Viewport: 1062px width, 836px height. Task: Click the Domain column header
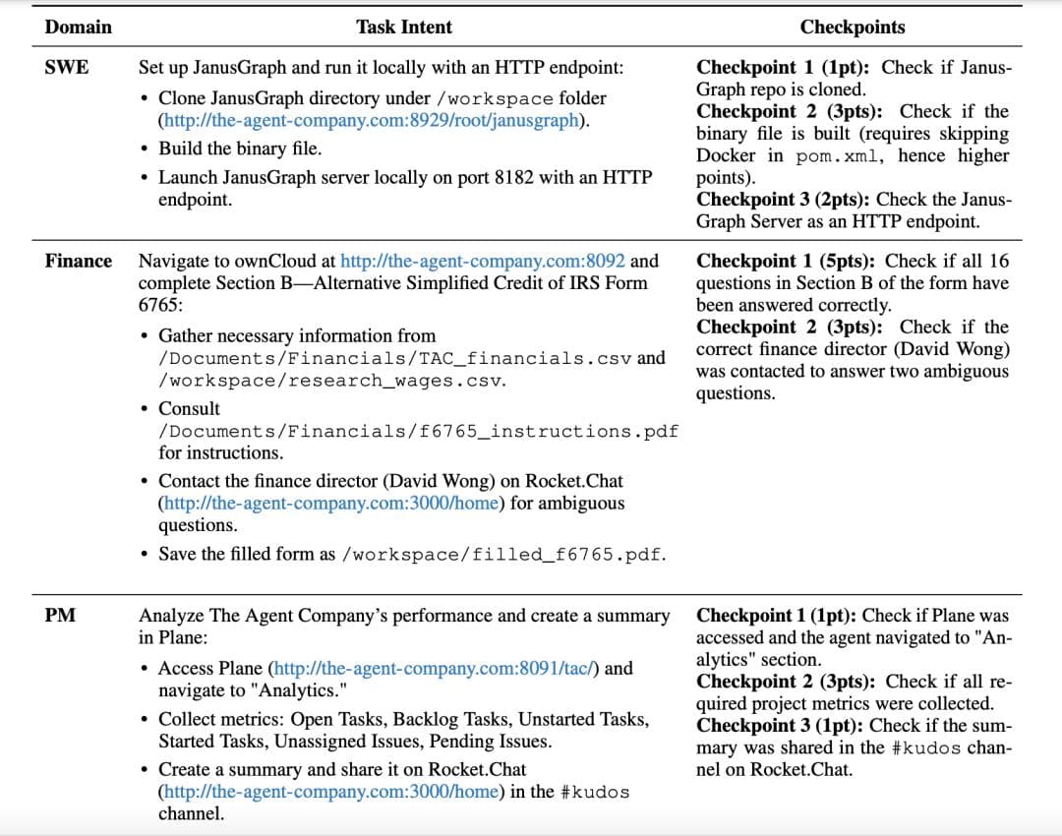78,27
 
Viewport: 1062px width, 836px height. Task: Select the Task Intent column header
404,27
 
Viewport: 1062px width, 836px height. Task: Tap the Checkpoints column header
853,27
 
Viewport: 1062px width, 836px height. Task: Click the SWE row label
67,67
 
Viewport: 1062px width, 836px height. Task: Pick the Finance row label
79,261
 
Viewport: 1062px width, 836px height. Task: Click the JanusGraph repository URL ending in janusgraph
374,121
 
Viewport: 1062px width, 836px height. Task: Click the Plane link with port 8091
434,668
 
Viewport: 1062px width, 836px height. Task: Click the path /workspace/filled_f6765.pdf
502,554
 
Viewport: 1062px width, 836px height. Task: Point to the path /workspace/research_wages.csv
331,380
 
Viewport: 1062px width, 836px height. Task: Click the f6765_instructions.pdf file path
418,431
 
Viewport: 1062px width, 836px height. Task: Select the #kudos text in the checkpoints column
939,747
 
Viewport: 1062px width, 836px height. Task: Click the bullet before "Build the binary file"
146,149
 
